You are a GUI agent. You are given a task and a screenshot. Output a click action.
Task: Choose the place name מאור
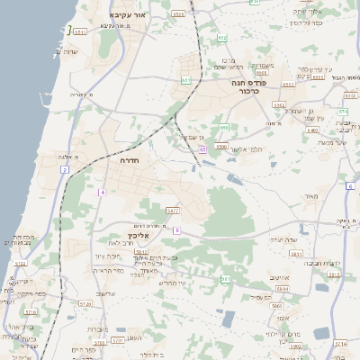311,195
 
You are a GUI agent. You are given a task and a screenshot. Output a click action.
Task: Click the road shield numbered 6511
80,31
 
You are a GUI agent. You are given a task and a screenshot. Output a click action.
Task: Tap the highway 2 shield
65,169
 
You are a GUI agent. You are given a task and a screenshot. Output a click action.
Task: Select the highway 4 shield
103,192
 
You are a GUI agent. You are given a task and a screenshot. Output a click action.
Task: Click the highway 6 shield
349,185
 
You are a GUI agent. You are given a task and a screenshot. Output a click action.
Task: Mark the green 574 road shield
342,111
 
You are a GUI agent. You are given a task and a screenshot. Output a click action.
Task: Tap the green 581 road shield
225,280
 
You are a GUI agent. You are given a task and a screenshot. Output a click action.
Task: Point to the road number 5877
172,211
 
